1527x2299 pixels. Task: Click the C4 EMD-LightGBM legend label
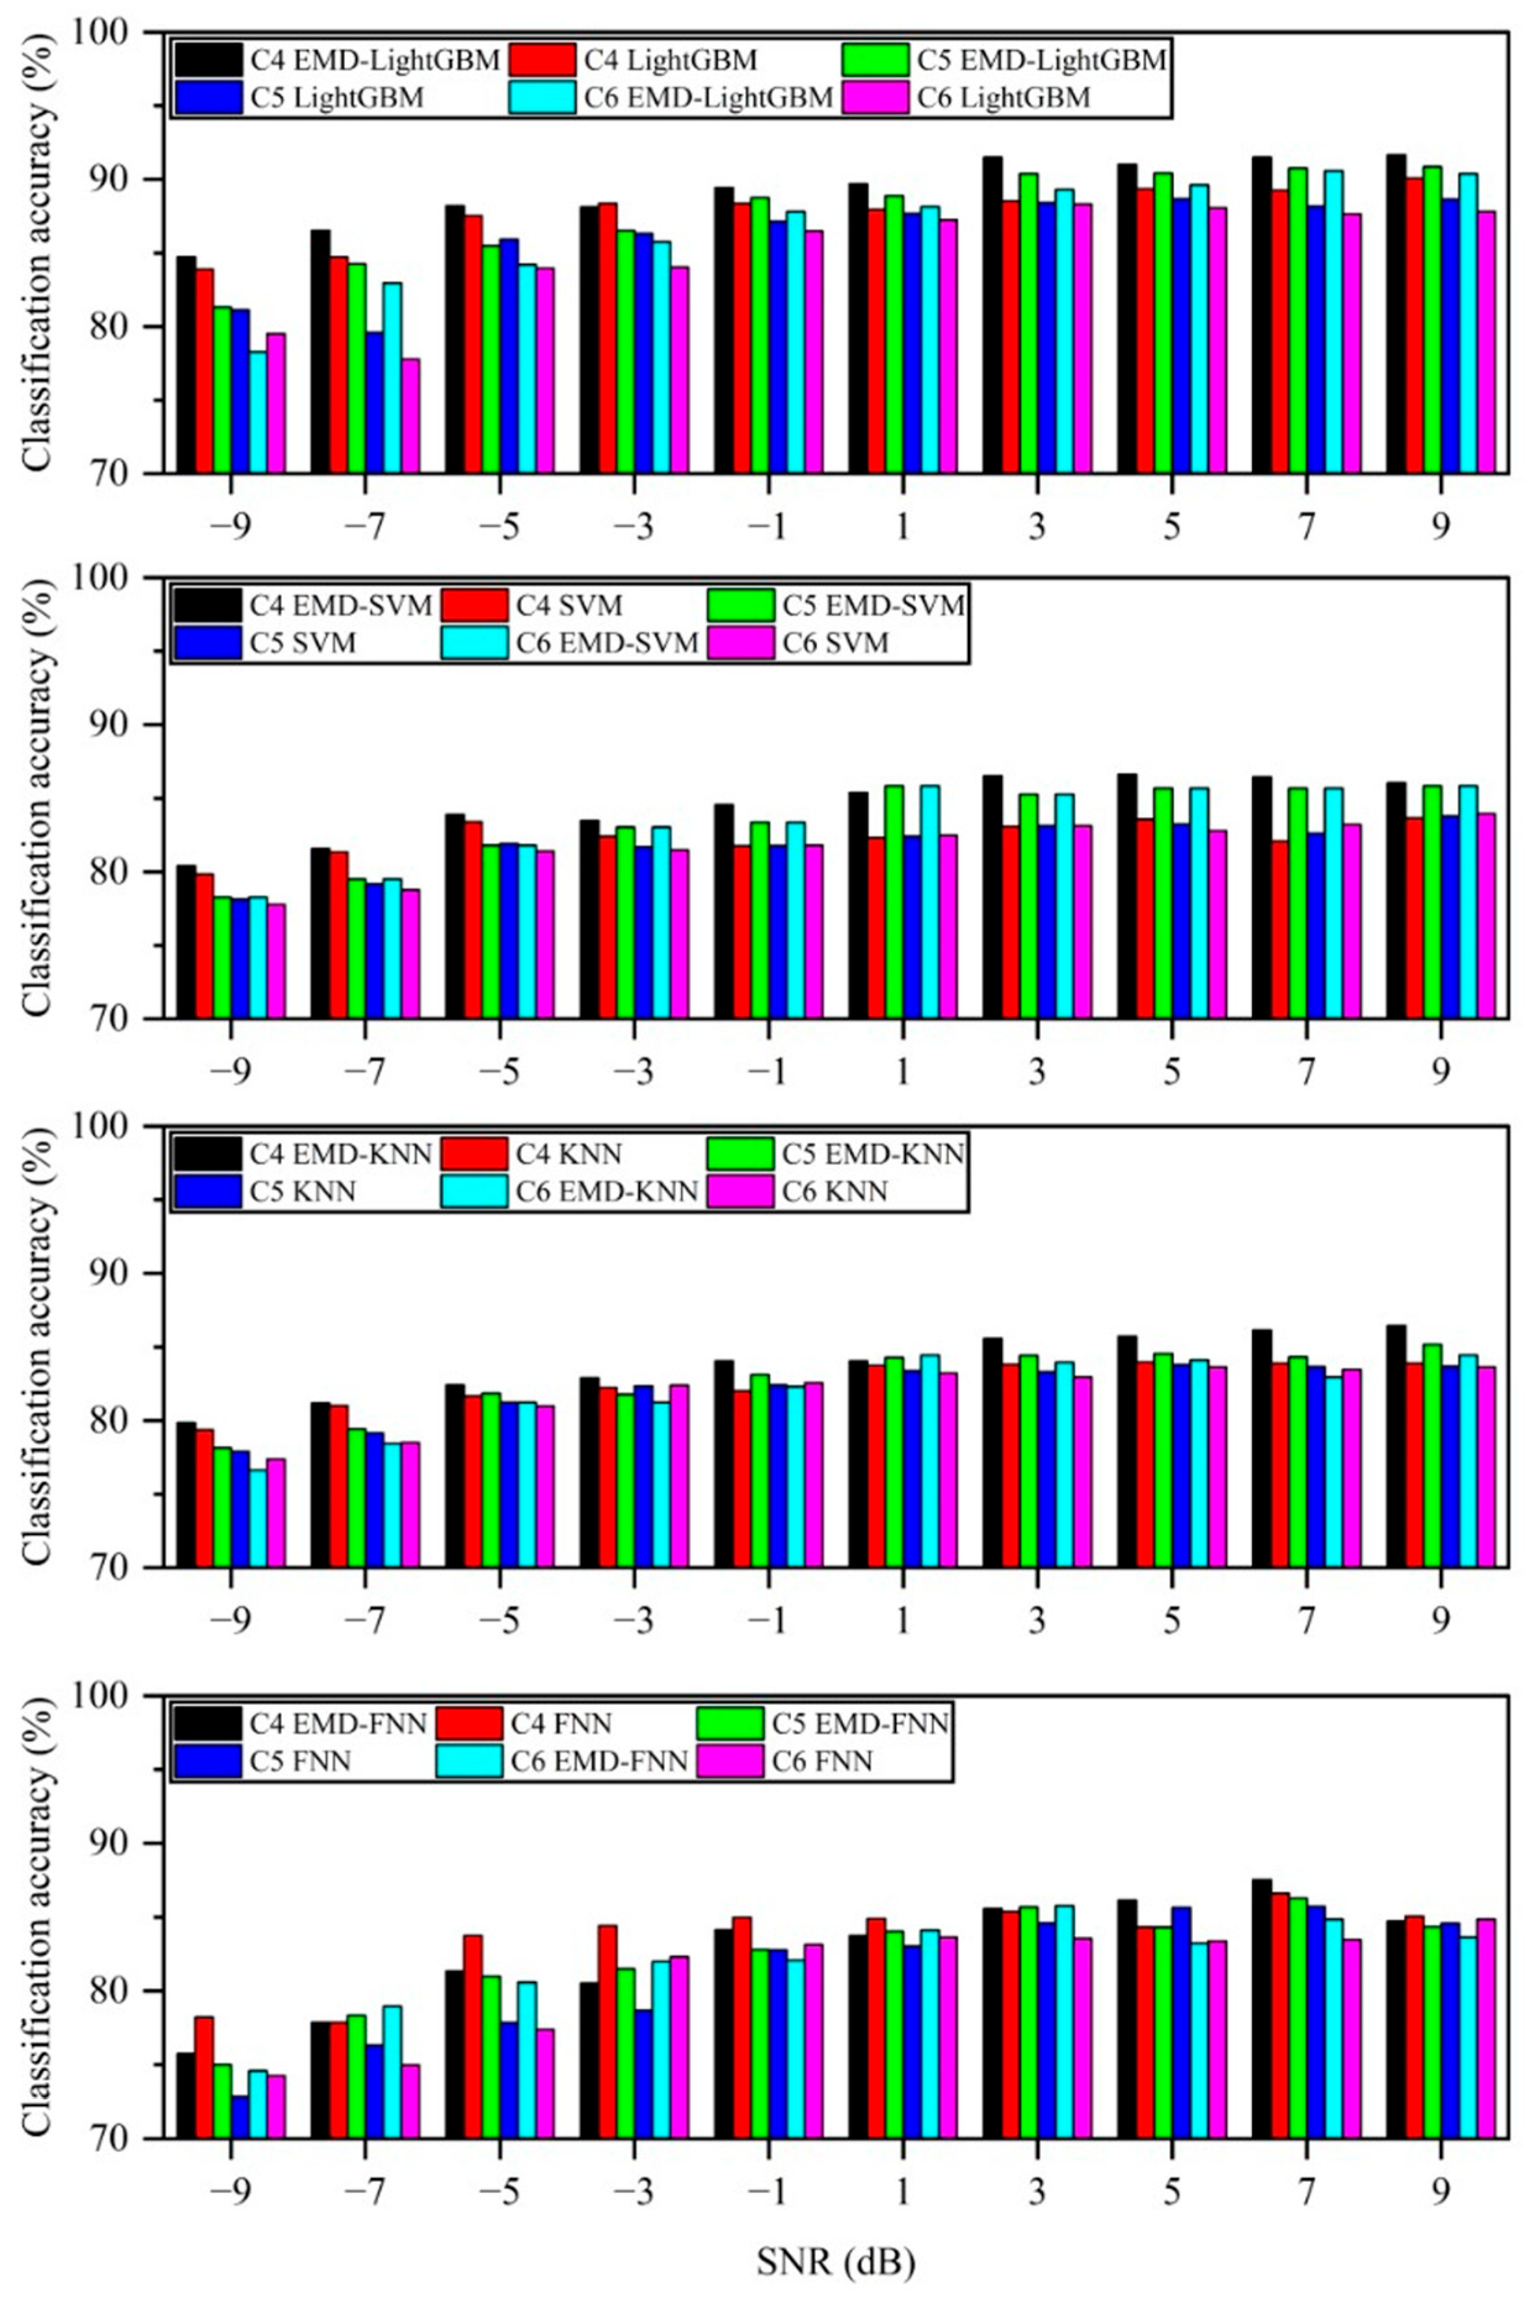(375, 61)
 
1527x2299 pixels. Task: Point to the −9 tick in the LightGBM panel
(230, 528)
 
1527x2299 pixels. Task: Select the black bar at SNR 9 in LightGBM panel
(1395, 313)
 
